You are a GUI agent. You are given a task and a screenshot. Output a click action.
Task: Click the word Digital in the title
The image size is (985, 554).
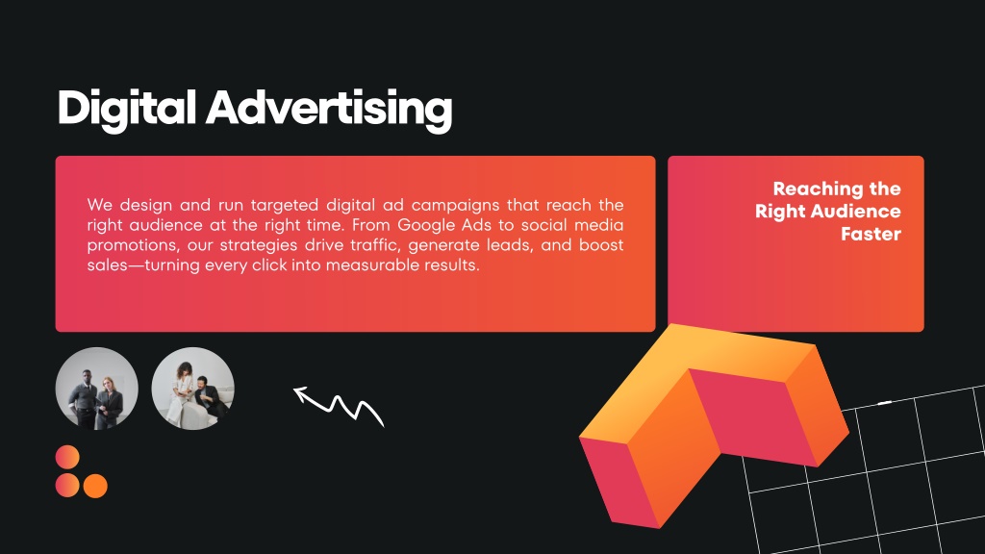point(126,108)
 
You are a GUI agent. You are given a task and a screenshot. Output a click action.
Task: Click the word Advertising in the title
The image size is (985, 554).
point(329,108)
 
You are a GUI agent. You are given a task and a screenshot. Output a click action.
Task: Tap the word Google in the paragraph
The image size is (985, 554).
point(426,225)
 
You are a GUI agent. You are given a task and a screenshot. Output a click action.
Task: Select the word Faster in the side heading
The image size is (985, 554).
point(871,234)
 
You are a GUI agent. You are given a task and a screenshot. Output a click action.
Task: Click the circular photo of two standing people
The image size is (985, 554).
point(97,389)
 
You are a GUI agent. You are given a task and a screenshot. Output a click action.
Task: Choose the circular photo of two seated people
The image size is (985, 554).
point(192,389)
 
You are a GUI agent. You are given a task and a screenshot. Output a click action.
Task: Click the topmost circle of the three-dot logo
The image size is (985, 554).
point(67,457)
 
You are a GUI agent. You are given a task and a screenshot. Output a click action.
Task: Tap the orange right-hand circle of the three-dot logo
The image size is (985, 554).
point(95,486)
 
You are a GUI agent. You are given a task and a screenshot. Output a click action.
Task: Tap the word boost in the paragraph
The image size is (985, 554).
point(601,245)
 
